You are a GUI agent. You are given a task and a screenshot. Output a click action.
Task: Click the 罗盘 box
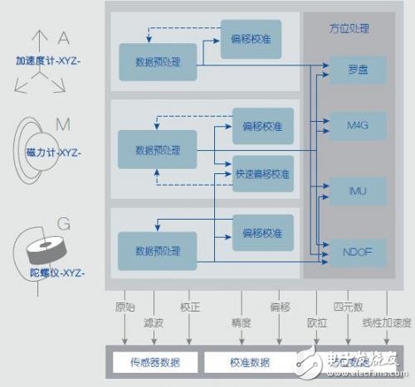pyautogui.click(x=357, y=70)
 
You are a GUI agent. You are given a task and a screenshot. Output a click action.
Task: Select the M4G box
pyautogui.click(x=357, y=126)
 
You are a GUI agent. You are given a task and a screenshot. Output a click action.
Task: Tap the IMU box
pyautogui.click(x=357, y=191)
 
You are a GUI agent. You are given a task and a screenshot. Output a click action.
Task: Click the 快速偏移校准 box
pyautogui.click(x=262, y=175)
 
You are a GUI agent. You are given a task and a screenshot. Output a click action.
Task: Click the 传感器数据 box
pyautogui.click(x=155, y=362)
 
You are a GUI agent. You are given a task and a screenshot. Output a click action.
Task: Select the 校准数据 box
pyautogui.click(x=248, y=362)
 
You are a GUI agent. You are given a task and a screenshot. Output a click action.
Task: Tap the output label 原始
pyautogui.click(x=124, y=306)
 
